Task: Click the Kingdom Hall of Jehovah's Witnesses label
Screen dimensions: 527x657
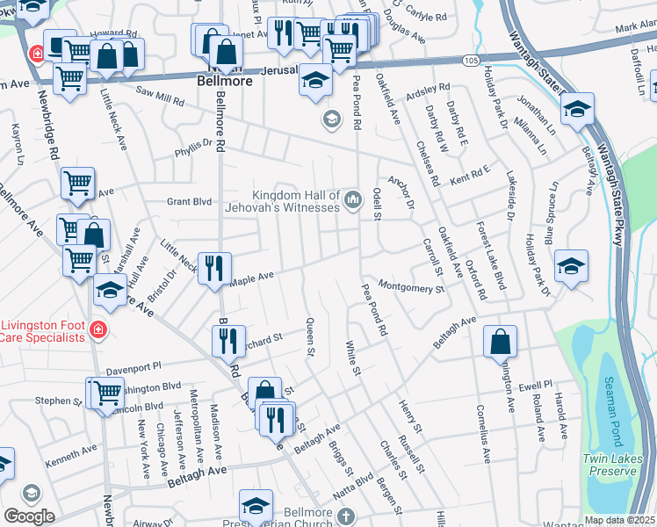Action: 295,201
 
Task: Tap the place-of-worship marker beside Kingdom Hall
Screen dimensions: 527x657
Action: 353,201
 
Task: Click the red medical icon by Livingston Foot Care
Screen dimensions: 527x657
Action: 98,330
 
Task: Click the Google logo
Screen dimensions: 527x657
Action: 29,516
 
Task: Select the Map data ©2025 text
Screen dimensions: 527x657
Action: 619,520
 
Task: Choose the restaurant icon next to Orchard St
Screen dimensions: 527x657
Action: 228,340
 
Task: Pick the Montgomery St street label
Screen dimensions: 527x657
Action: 412,286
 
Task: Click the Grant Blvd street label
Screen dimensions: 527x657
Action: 190,201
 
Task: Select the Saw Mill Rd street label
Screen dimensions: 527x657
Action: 159,95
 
